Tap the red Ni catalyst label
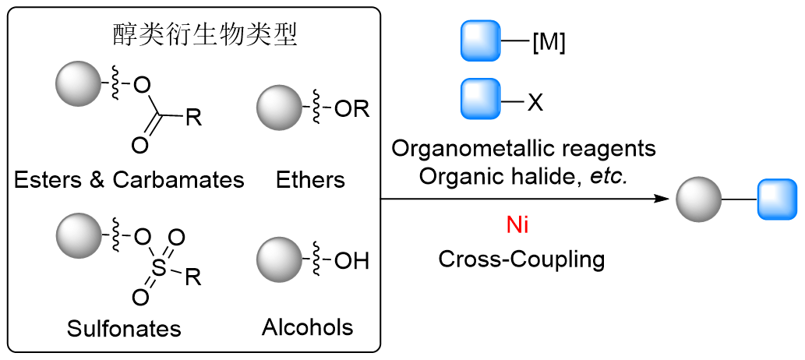point(518,227)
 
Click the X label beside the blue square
point(535,102)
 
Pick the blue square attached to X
point(482,100)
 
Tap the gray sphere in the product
point(697,200)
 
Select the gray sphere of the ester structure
point(78,83)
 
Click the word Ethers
point(310,180)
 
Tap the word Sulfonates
point(124,328)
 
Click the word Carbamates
point(178,180)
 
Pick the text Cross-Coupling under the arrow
point(521,259)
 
